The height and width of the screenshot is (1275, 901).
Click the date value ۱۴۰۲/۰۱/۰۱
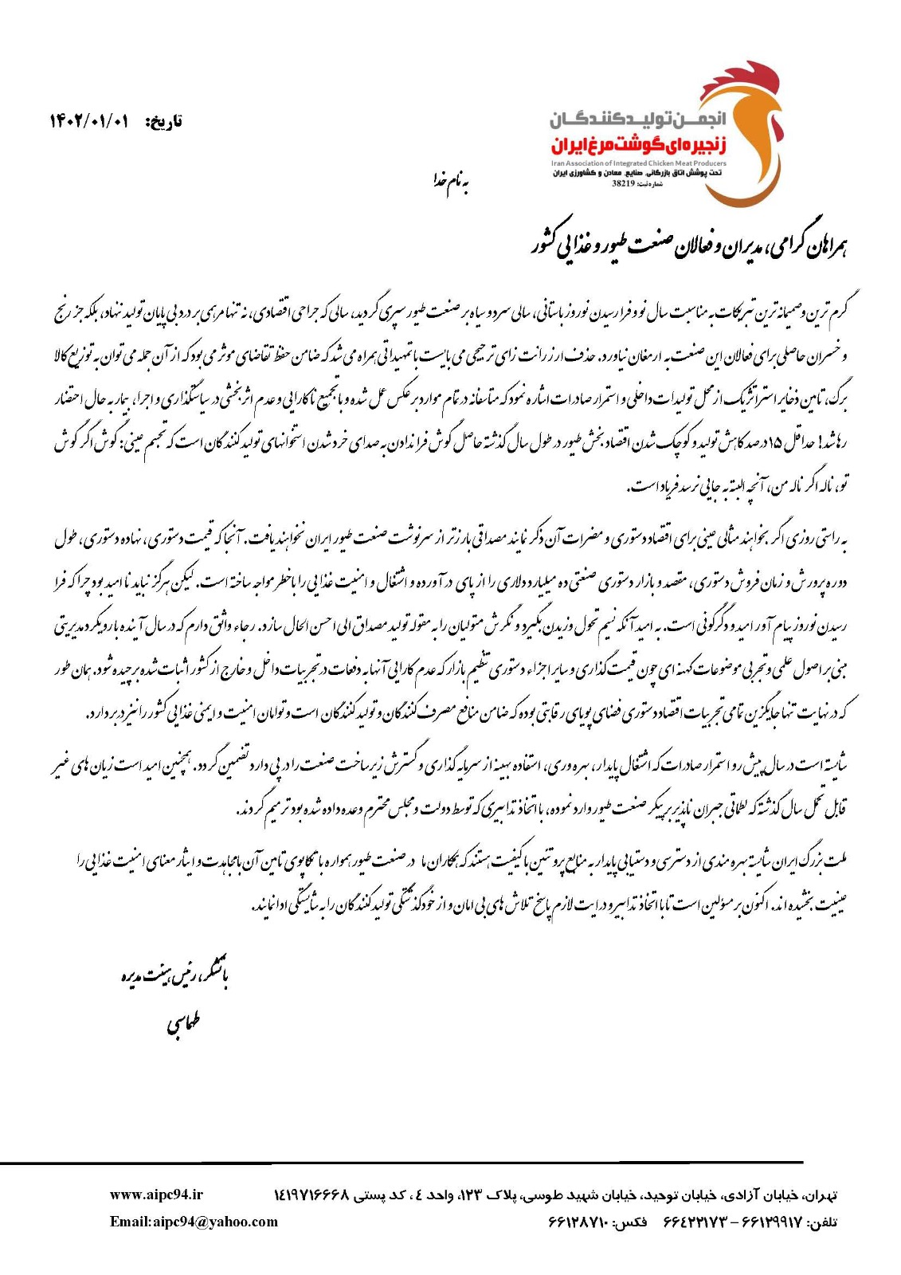coord(88,121)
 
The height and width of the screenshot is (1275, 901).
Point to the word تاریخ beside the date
coord(164,122)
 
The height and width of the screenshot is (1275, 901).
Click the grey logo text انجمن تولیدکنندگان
coord(637,120)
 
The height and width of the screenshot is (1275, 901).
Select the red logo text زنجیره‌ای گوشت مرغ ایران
coord(637,146)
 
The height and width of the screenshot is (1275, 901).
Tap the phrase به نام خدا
coord(450,182)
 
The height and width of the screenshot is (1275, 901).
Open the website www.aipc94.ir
coord(156,1195)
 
